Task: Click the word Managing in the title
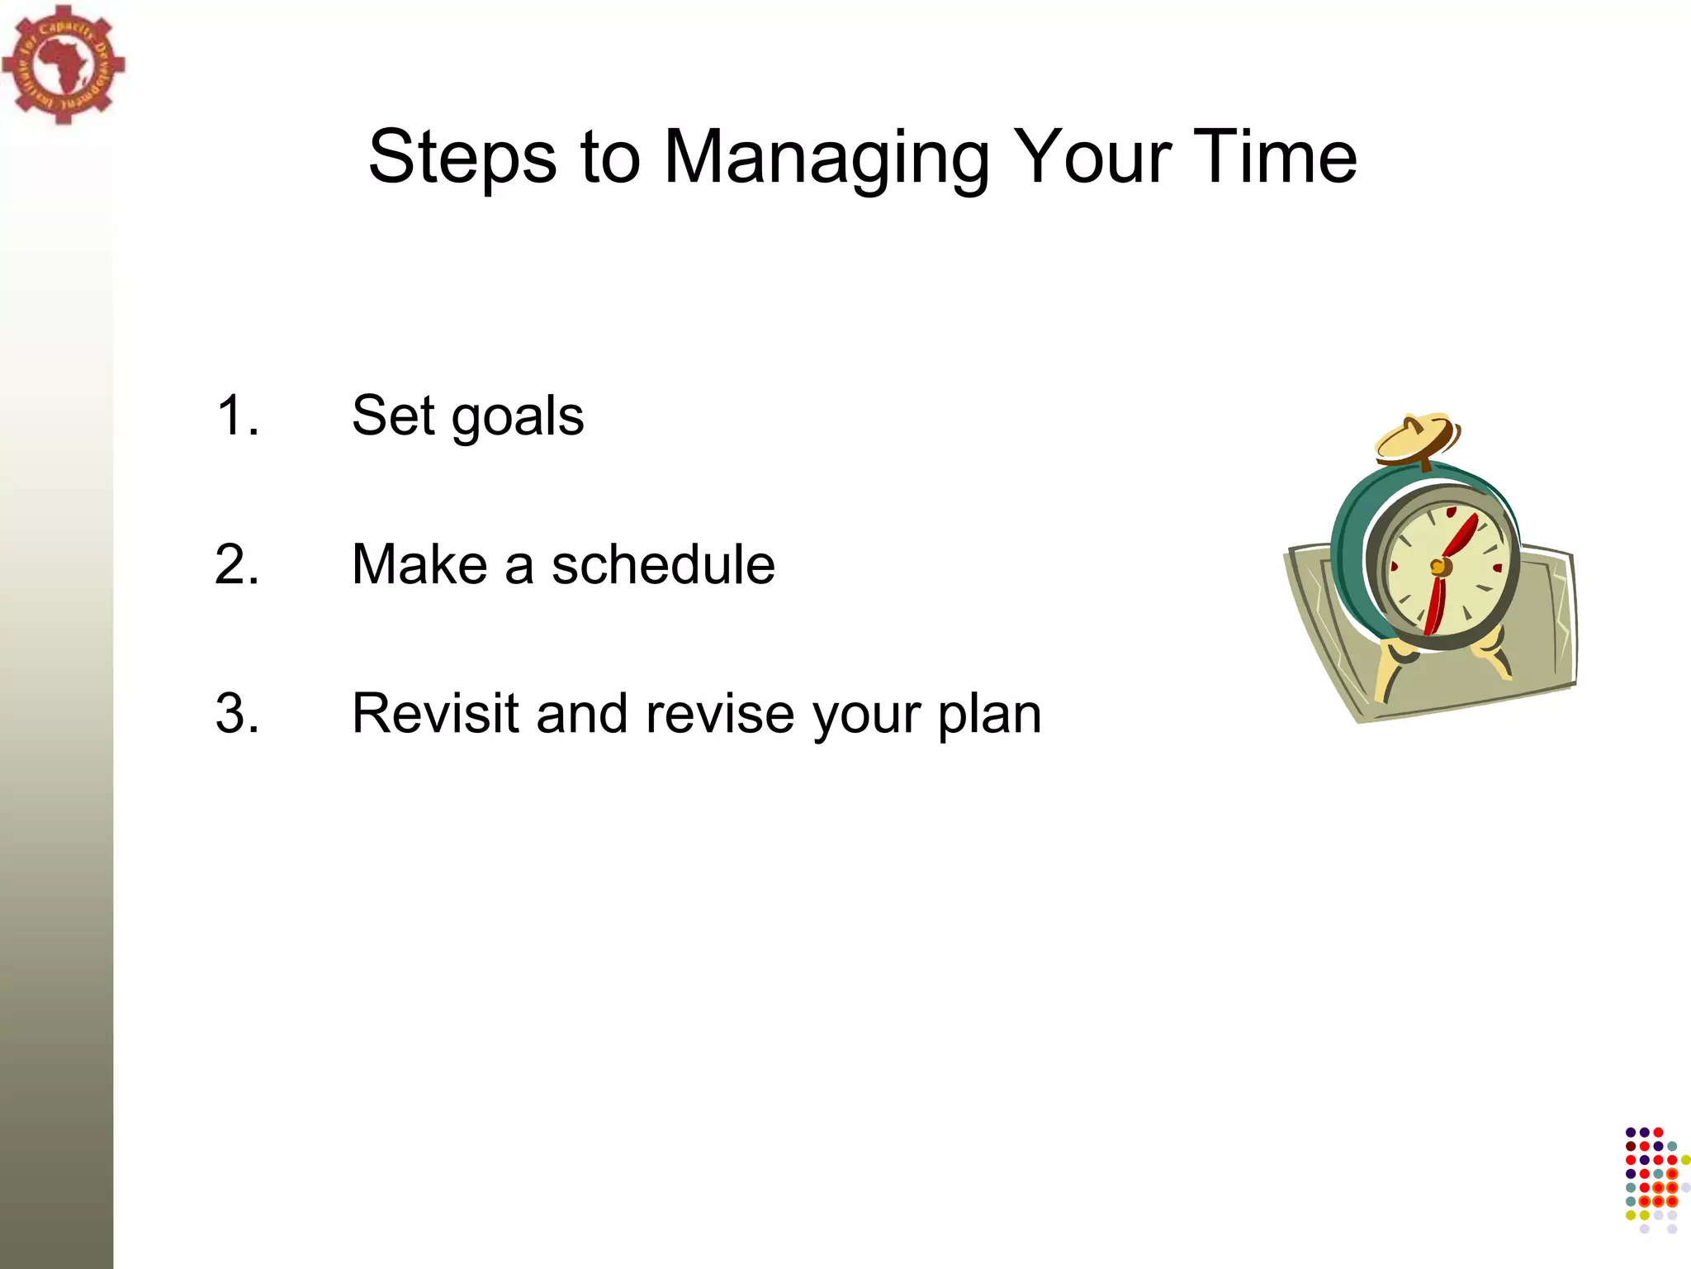click(x=826, y=157)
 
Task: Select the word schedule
click(x=663, y=565)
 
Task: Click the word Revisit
click(x=435, y=714)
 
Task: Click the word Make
click(x=419, y=565)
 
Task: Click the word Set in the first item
click(x=393, y=416)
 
